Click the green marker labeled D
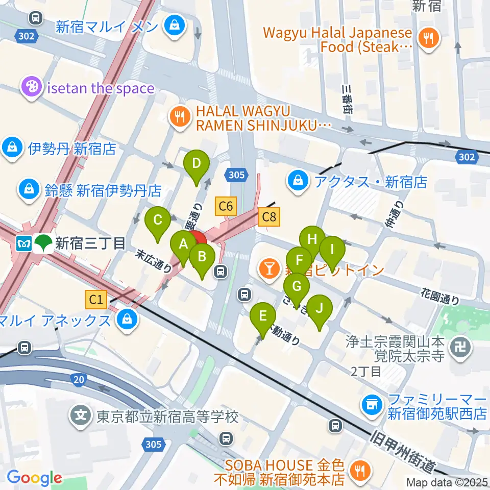pos(196,164)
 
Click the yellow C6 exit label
pos(226,206)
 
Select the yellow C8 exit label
pos(269,217)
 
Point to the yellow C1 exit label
pos(96,300)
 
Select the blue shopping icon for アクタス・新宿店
pos(297,181)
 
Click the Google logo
pos(34,478)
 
